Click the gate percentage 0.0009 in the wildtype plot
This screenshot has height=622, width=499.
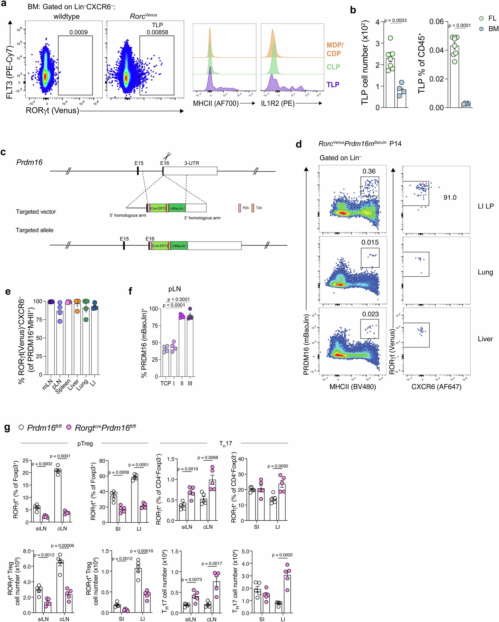pos(78,32)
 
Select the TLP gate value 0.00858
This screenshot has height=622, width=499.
pos(157,32)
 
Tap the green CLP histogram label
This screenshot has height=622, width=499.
pos(333,67)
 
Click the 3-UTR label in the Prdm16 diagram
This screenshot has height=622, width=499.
pos(192,163)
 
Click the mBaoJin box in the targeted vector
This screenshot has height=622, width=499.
pos(177,208)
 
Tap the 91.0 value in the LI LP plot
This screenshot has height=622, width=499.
pos(450,198)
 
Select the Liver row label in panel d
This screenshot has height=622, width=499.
pos(485,339)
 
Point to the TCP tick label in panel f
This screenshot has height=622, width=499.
pos(165,383)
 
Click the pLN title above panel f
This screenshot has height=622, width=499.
pos(174,289)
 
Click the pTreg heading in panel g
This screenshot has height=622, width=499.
pos(85,443)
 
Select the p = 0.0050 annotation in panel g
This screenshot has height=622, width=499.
pos(277,466)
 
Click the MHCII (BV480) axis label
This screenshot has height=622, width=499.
pos(353,387)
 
